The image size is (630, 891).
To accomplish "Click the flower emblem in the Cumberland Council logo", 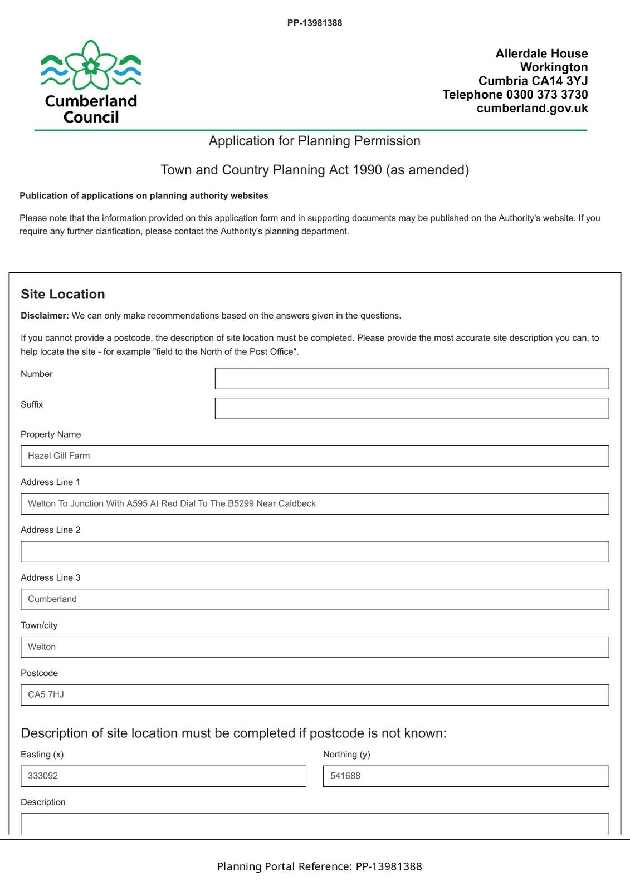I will coord(91,65).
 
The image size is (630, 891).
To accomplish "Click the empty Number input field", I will coord(412,378).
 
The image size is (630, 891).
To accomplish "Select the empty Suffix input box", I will coord(412,408).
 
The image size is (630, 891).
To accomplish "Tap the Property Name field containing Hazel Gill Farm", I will coord(315,456).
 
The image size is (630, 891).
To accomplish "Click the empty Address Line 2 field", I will coord(315,551).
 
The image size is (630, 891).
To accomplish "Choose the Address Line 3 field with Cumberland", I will coord(315,599).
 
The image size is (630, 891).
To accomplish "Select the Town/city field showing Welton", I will coord(315,647).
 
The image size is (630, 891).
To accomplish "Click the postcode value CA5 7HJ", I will coord(46,694).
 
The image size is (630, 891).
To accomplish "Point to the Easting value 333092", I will coord(43,776).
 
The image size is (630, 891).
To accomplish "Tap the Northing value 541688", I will coord(345,776).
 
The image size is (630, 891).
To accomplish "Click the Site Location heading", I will coord(63,294).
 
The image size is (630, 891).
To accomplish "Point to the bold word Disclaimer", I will coord(45,316).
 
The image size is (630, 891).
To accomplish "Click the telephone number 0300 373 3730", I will coord(547,95).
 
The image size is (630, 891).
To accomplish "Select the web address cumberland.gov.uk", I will coord(532,108).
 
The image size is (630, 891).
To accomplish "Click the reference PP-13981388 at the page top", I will coord(315,23).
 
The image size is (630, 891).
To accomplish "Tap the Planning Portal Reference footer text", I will coord(319,866).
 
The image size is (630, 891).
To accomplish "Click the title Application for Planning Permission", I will coord(315,141).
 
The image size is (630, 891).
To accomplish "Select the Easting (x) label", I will coord(42,755).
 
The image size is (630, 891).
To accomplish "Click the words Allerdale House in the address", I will coord(541,53).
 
